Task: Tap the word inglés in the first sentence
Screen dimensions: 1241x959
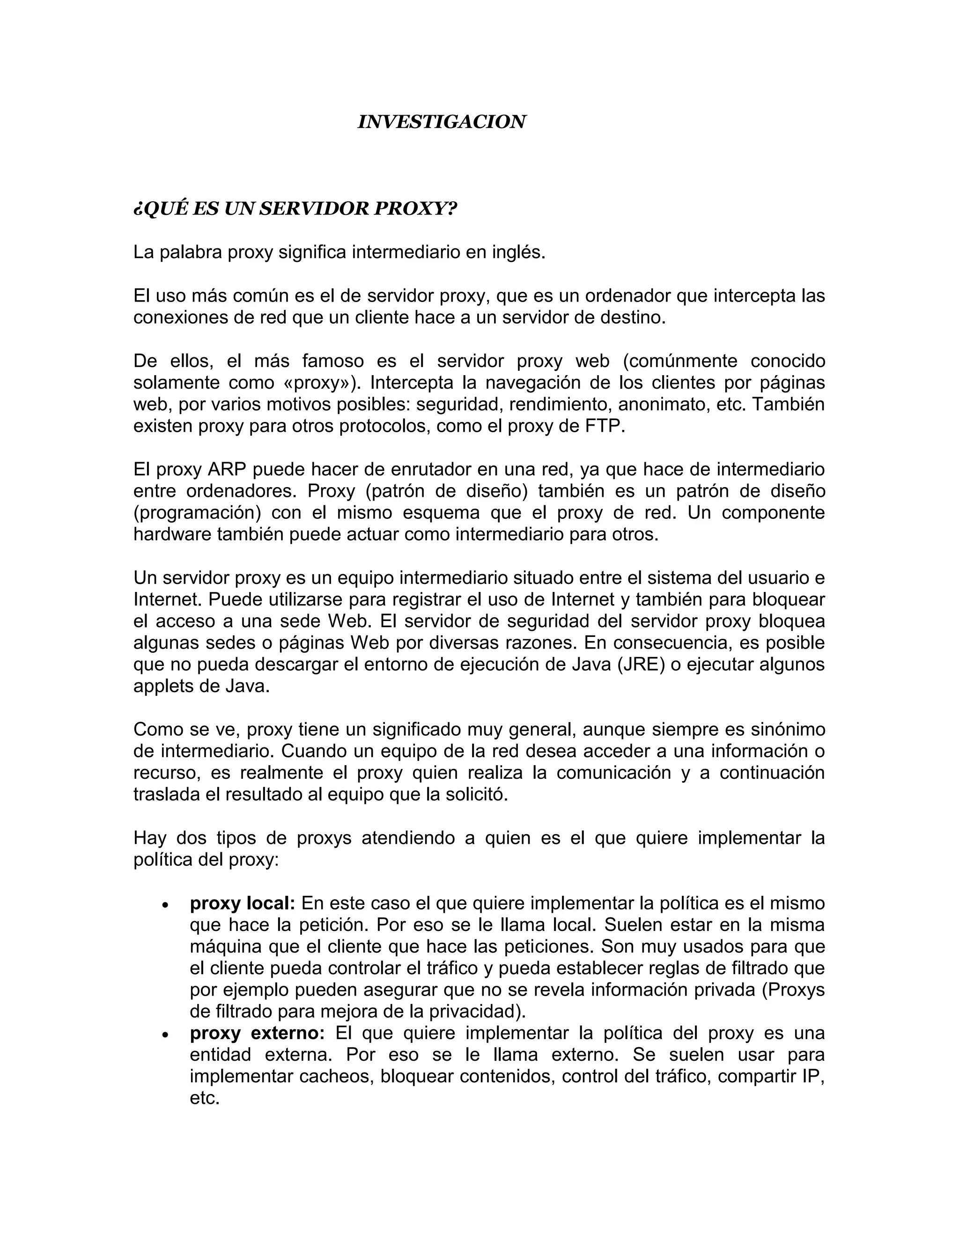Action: coord(516,252)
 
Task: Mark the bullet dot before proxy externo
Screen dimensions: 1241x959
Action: coord(165,1036)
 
